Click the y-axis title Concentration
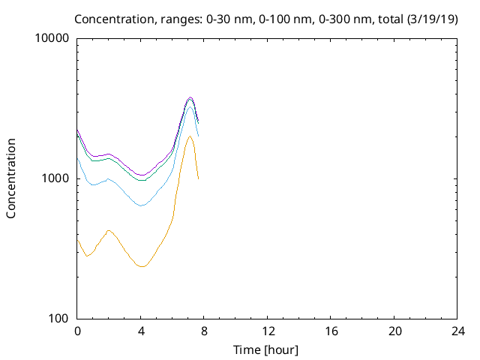(11, 178)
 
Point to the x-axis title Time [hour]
(267, 349)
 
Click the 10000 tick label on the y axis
(52, 38)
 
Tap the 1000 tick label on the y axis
(55, 178)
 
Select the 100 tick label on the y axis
(58, 319)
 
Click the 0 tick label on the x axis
(77, 331)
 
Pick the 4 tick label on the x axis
(141, 331)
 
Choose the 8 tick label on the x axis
(204, 331)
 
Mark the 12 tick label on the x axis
(268, 331)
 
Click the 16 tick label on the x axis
(331, 331)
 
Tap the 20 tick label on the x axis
(394, 331)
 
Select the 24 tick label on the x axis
(457, 331)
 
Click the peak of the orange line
(190, 136)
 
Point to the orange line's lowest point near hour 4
(142, 266)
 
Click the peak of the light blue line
(190, 106)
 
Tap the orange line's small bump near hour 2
(109, 230)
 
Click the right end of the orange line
(198, 178)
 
